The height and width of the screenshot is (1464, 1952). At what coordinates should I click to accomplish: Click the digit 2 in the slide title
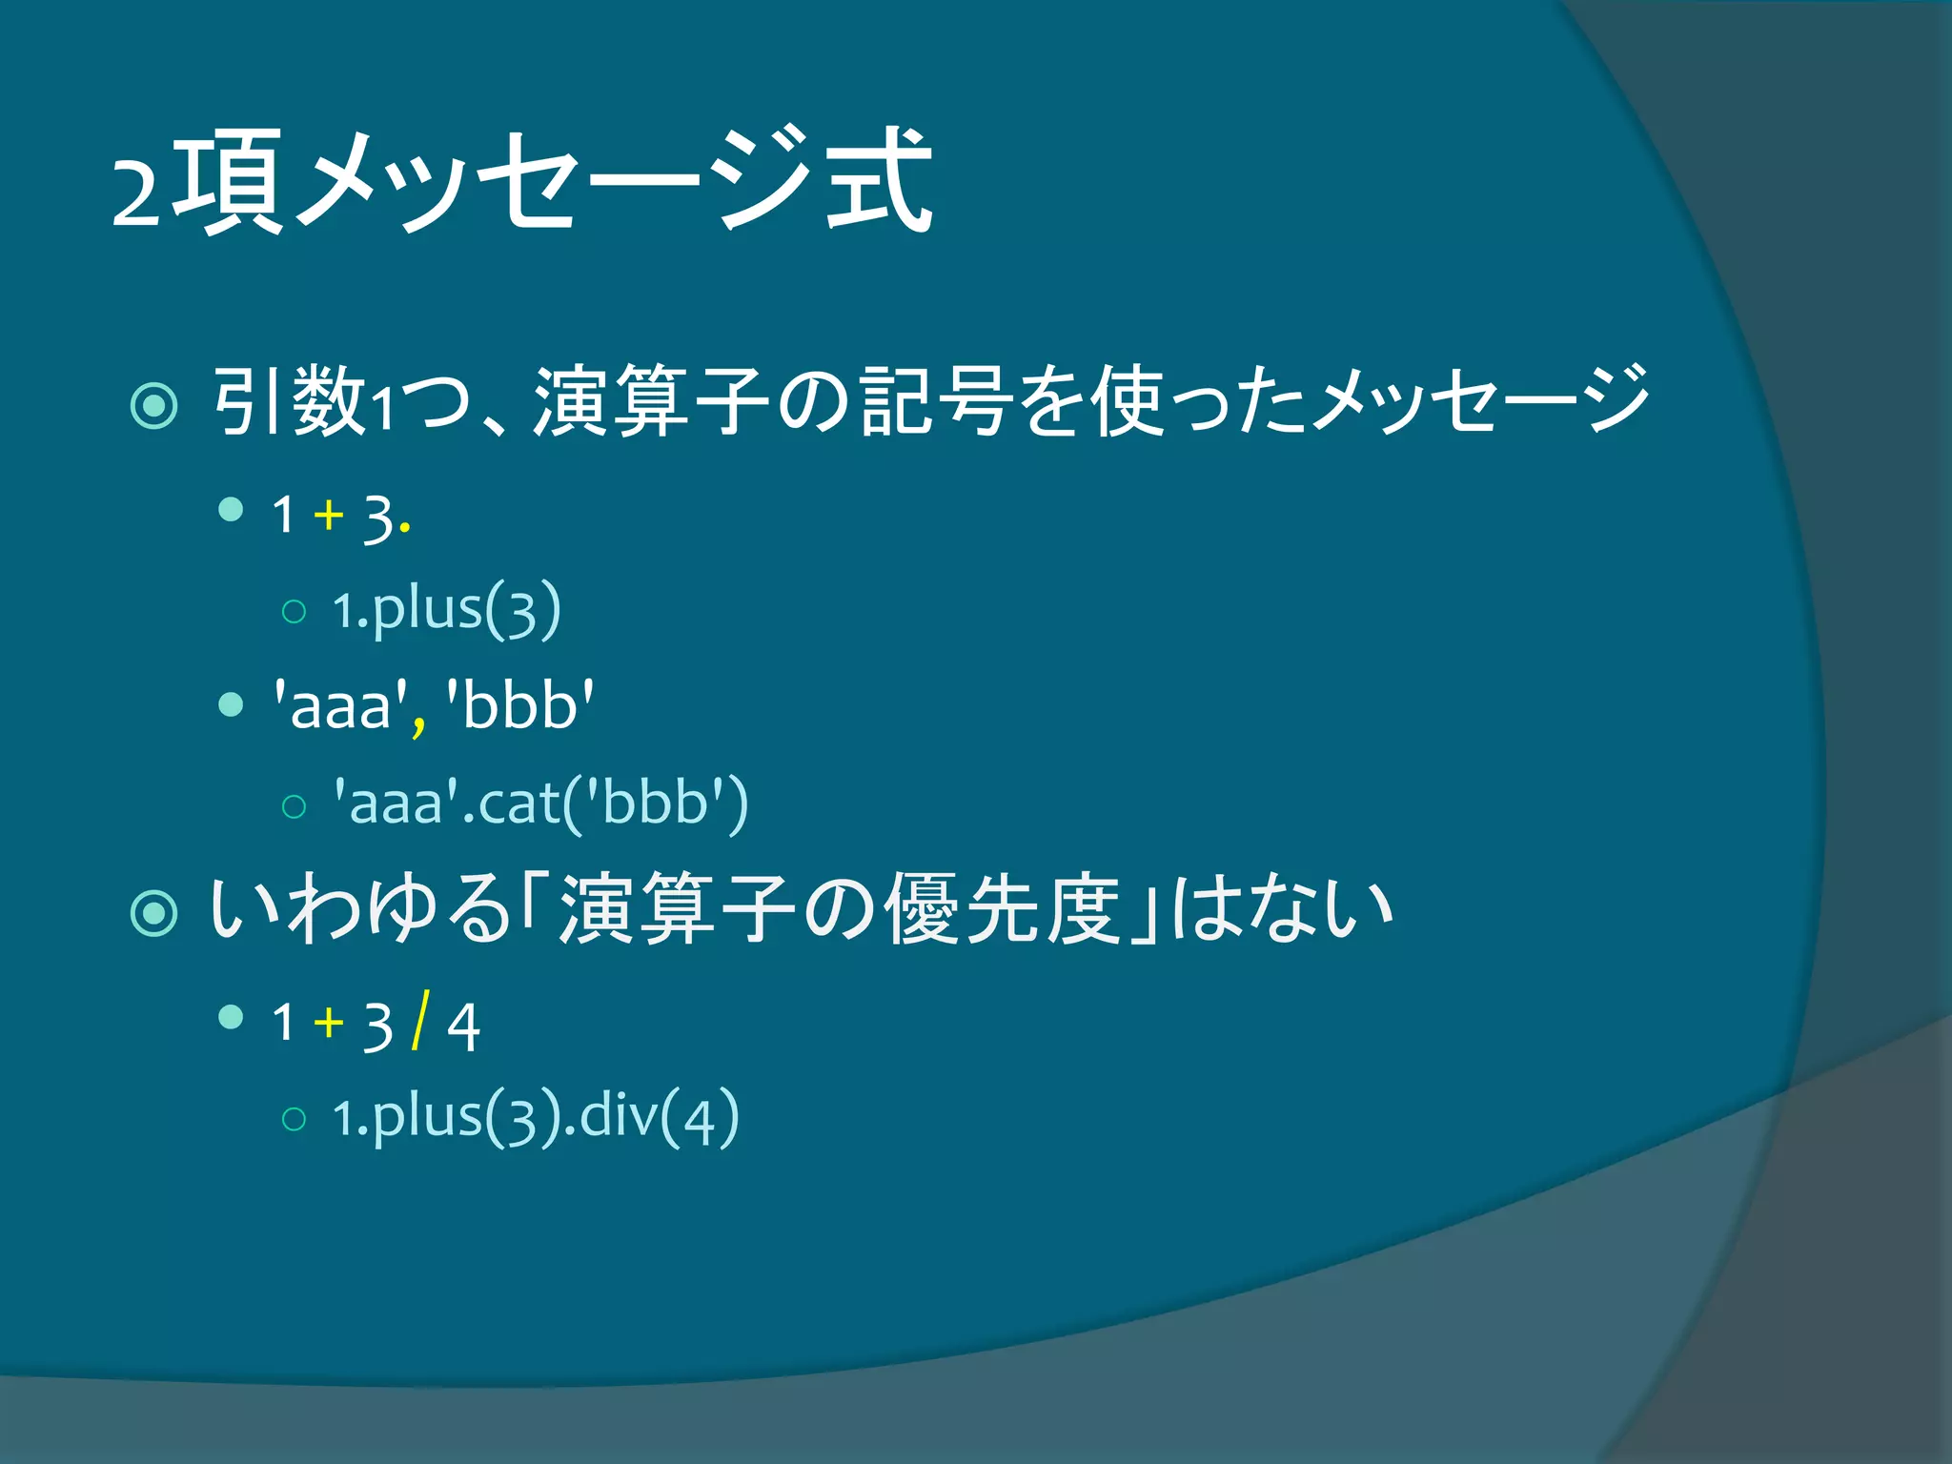[x=135, y=193]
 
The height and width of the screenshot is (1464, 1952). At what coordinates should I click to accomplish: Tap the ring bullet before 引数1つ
[x=153, y=406]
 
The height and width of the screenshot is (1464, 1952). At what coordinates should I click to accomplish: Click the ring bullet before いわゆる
[x=153, y=913]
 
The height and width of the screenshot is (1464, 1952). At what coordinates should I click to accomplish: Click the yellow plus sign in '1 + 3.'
[x=329, y=516]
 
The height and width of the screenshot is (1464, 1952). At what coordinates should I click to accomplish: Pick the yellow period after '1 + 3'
[x=405, y=527]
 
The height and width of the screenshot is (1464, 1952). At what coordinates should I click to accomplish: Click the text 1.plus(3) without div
[x=446, y=610]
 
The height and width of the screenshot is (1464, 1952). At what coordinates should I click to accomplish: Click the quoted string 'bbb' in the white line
[x=520, y=706]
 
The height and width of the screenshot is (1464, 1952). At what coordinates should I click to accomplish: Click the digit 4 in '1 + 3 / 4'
[x=463, y=1027]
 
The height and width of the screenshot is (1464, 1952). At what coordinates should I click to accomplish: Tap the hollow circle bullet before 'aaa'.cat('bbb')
[x=295, y=807]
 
